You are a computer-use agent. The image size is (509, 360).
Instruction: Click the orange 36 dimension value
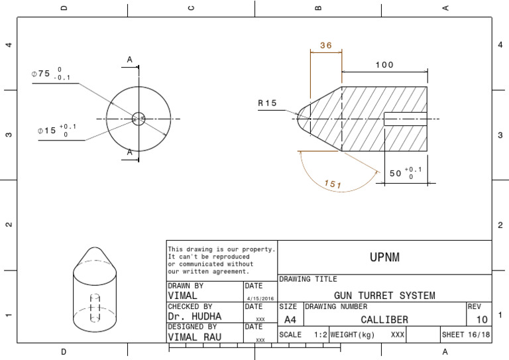click(325, 46)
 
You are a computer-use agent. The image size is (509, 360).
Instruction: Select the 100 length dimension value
click(384, 65)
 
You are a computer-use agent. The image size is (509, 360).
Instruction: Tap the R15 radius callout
click(268, 103)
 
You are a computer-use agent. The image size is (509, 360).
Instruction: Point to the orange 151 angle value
click(333, 185)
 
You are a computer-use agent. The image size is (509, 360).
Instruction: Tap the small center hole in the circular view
click(139, 119)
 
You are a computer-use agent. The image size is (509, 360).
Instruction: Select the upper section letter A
click(130, 60)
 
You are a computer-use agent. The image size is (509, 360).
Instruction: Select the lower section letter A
click(130, 152)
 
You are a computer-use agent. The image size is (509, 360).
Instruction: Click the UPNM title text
click(384, 256)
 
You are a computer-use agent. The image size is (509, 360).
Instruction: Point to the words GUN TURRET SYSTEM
click(384, 295)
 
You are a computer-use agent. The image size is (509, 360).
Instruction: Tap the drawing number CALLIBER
click(384, 320)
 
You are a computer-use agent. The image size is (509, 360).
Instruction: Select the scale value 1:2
click(321, 335)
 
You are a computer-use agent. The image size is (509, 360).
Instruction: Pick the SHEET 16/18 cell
click(466, 335)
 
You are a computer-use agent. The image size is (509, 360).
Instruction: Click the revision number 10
click(482, 320)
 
